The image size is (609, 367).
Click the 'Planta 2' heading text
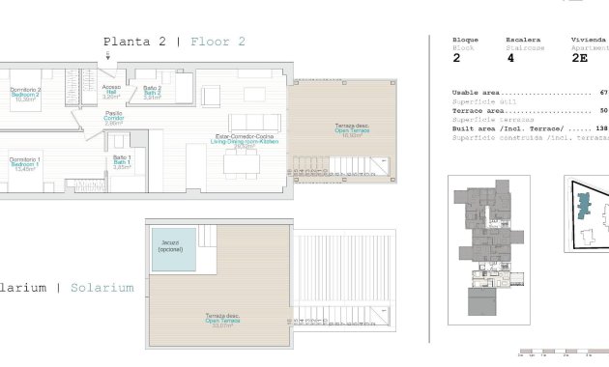(x=134, y=42)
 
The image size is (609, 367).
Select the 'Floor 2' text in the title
(x=217, y=42)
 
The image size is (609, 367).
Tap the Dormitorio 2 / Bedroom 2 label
(x=25, y=94)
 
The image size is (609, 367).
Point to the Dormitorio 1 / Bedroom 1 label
(x=24, y=164)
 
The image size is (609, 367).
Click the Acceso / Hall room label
(x=111, y=92)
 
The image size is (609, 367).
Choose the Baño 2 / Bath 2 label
(x=152, y=92)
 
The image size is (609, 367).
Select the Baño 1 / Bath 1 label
(x=122, y=161)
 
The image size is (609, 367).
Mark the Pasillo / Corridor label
(x=113, y=119)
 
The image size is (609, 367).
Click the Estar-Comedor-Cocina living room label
(x=242, y=141)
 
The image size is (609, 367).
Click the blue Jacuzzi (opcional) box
(x=171, y=247)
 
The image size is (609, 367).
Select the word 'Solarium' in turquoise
(x=101, y=288)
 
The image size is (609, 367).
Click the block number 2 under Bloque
(x=456, y=58)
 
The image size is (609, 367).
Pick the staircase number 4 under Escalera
(x=508, y=58)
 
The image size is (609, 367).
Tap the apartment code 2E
(x=580, y=58)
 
